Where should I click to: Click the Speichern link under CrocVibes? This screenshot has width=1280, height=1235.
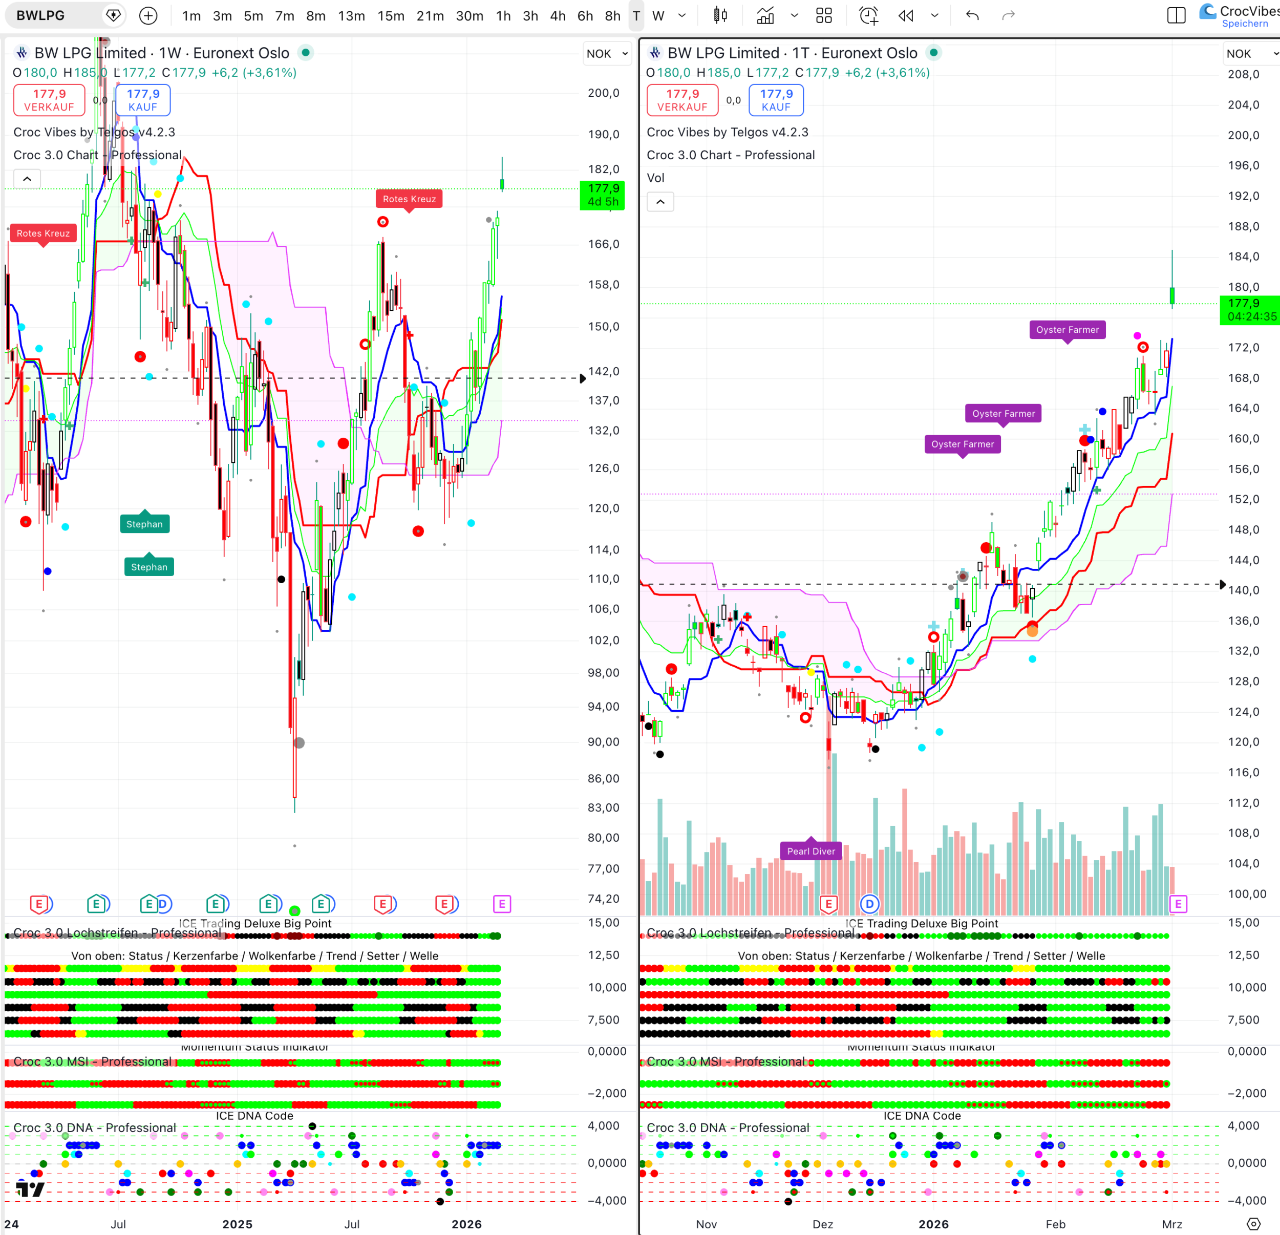click(1244, 24)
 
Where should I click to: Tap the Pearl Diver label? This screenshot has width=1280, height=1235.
click(810, 851)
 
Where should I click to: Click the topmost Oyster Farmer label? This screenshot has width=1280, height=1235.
click(1068, 330)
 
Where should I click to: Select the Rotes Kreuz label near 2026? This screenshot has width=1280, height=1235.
click(409, 199)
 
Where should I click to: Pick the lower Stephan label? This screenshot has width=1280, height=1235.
click(149, 567)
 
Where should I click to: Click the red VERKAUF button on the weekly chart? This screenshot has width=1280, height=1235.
click(49, 100)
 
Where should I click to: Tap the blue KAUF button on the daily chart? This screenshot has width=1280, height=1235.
click(776, 100)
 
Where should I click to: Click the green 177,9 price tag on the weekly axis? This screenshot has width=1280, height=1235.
click(602, 195)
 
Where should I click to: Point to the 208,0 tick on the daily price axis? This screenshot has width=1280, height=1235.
click(1244, 74)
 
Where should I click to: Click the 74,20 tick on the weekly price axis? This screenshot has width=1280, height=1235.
click(603, 899)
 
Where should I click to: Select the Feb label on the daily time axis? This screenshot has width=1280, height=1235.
click(1055, 1224)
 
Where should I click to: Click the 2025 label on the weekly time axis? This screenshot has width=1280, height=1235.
click(237, 1224)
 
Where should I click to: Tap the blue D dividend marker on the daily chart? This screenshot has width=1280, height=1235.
click(869, 904)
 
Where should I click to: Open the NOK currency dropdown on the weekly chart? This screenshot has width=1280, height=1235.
click(607, 54)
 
